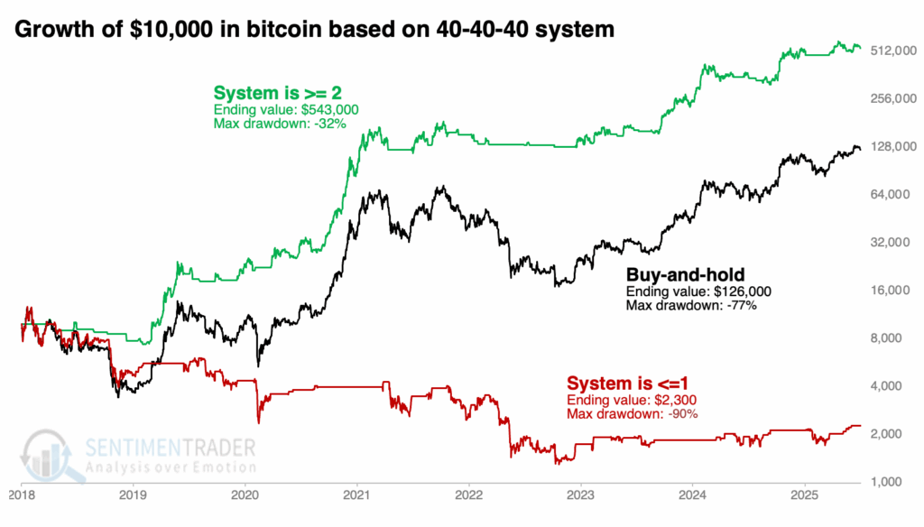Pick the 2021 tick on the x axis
point(357,495)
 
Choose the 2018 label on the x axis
point(22,495)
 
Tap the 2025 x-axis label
point(805,495)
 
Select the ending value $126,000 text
point(698,292)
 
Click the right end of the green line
point(860,47)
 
